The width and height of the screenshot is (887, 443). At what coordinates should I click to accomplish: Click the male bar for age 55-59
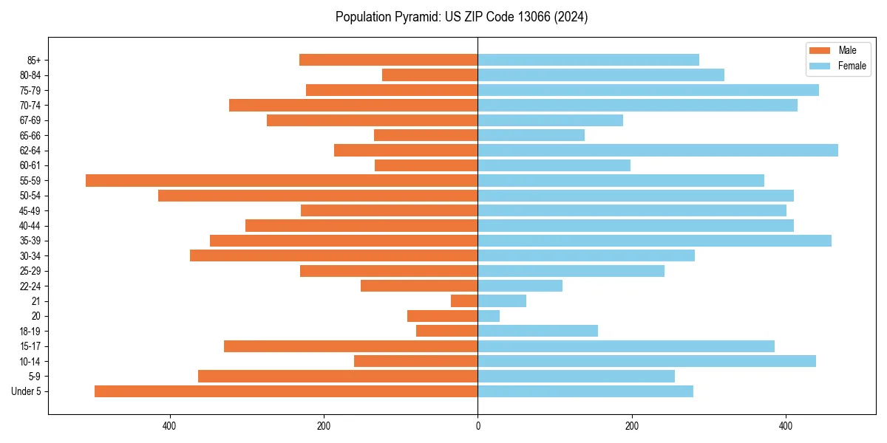click(x=282, y=180)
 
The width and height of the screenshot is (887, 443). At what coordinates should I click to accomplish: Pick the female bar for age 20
click(x=489, y=316)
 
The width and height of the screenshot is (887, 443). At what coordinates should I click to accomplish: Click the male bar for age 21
click(x=464, y=301)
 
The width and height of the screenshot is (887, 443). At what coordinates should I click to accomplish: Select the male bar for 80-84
click(x=430, y=75)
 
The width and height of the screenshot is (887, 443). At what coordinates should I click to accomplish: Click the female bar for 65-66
click(x=531, y=135)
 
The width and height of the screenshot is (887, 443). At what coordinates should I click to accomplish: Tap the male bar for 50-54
click(x=318, y=196)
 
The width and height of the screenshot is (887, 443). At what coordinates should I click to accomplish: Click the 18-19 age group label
click(x=30, y=331)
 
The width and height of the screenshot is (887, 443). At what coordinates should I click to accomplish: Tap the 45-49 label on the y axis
click(x=30, y=210)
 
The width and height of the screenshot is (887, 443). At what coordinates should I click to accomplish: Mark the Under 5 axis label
click(x=27, y=391)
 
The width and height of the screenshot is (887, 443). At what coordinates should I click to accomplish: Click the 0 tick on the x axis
click(x=478, y=426)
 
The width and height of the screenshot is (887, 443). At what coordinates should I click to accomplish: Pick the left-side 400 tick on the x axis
click(x=169, y=426)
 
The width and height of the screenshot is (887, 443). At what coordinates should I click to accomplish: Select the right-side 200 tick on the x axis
click(x=632, y=426)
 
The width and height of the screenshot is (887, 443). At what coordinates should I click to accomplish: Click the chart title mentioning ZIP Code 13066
click(x=461, y=17)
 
